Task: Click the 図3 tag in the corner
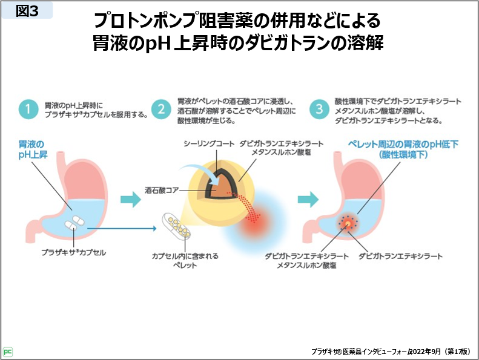27,10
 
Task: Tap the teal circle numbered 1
26,110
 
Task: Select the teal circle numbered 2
161,110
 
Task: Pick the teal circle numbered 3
319,110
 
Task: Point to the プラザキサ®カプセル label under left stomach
73,252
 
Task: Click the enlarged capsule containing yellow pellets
176,228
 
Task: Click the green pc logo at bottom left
8,351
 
